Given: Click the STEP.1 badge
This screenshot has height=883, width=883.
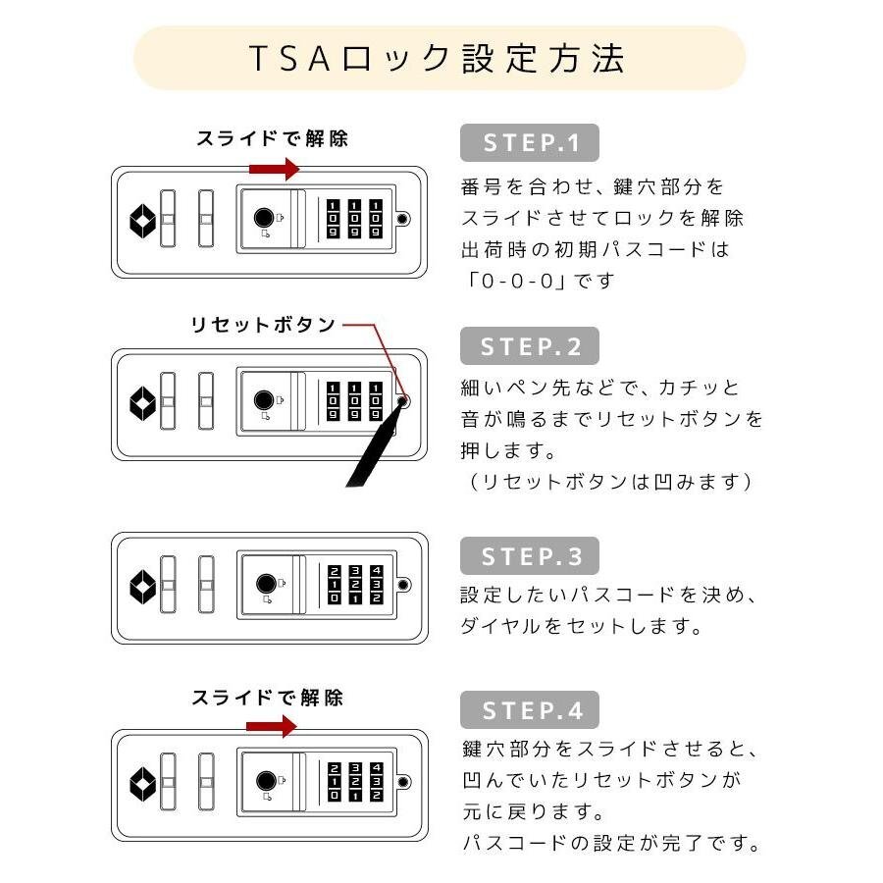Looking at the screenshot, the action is point(530,142).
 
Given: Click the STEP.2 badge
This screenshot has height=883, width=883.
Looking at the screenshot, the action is point(530,345).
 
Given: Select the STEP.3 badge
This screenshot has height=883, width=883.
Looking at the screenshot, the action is point(530,556).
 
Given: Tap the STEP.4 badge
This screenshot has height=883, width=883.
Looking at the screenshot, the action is point(530,709).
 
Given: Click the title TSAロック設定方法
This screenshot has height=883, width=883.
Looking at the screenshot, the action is point(437,58).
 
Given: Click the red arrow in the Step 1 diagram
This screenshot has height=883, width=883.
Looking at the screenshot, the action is point(275,169).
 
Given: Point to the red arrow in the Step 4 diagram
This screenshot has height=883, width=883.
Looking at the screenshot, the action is point(272,726).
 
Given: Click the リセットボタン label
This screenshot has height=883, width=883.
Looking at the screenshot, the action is point(263,325).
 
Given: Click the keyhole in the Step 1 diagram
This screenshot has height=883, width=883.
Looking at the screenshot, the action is point(264,218).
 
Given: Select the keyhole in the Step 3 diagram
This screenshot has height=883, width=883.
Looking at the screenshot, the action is point(266,584).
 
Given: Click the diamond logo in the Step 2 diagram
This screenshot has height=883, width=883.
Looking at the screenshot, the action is point(142,404).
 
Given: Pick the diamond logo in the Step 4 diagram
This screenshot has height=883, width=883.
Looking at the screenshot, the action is point(142,784).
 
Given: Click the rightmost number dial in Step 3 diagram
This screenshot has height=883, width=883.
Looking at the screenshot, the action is point(377,585).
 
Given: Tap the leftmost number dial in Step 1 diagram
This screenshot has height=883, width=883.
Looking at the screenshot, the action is point(333,219).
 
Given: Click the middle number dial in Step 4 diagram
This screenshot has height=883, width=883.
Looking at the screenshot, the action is point(355,782).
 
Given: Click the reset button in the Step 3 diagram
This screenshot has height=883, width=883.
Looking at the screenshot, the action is point(403,585).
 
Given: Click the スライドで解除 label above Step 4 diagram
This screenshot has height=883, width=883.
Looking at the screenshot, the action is point(267,699).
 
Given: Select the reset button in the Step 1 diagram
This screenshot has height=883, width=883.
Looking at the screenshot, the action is point(402,219).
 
